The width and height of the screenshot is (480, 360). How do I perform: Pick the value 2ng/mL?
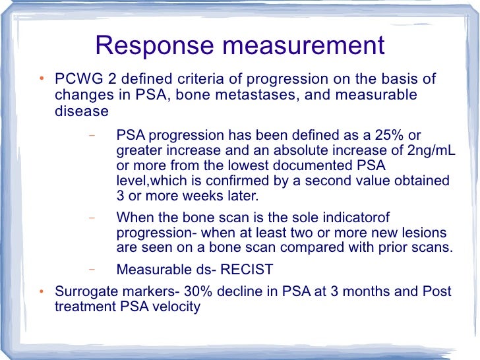[431, 151]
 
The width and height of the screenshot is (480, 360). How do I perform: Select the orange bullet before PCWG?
[42, 80]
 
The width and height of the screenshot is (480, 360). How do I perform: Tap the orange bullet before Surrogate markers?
[42, 292]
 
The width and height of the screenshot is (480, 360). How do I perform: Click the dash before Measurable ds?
[91, 269]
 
